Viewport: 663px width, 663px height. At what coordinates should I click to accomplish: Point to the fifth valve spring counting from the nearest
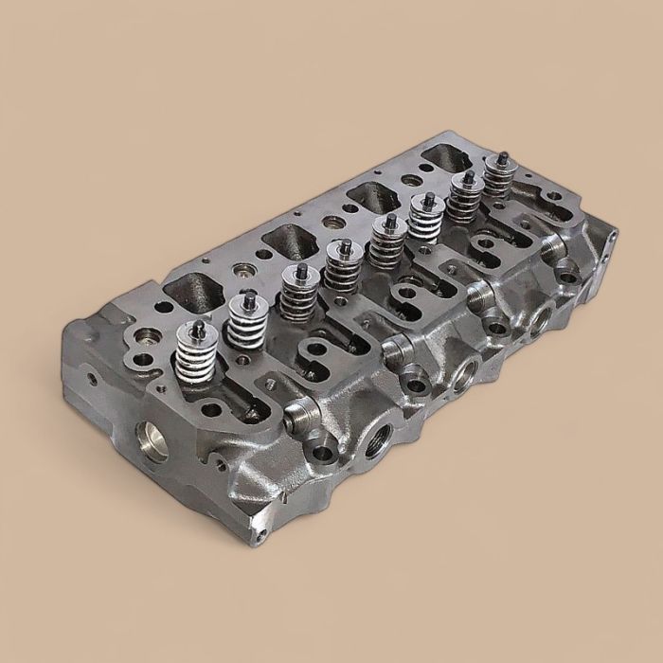click(384, 244)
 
